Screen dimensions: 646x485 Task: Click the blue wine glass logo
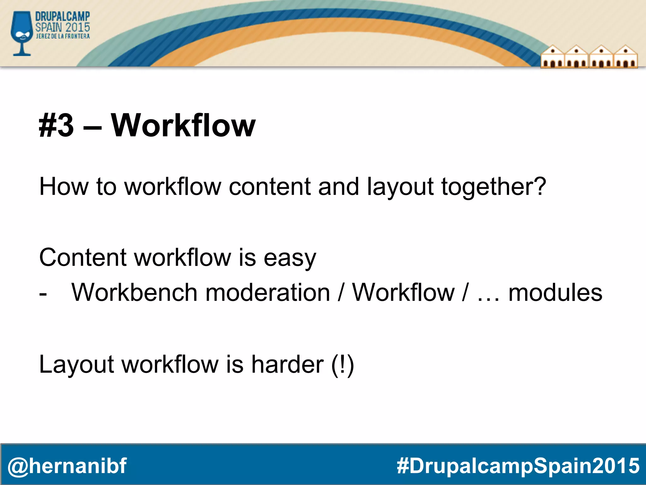[21, 33]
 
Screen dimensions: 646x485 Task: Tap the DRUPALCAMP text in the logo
[62, 17]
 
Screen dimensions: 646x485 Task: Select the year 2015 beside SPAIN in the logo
[78, 27]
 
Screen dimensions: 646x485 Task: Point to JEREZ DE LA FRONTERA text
[63, 36]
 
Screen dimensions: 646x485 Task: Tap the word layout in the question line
[400, 187]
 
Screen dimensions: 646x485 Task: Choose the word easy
[290, 258]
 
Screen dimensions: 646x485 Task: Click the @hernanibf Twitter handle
[67, 465]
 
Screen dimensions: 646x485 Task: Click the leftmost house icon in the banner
[552, 57]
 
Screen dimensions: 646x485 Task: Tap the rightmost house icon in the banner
[625, 57]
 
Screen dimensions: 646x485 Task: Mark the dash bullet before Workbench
[43, 294]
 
